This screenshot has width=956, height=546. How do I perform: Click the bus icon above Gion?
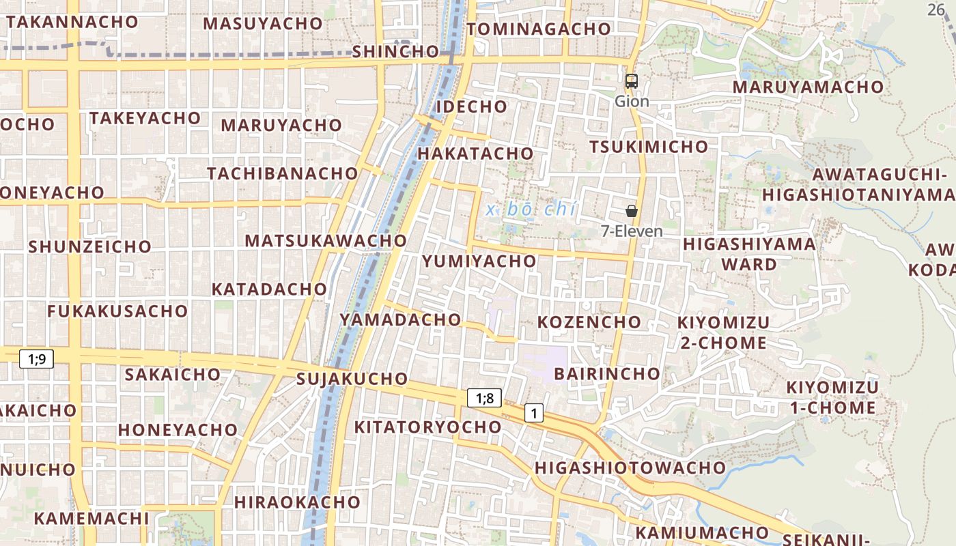[x=632, y=81]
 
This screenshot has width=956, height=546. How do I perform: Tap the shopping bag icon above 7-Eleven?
[x=632, y=211]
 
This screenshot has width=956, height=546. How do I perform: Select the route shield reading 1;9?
[x=37, y=358]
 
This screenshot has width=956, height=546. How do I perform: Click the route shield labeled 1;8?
[x=484, y=398]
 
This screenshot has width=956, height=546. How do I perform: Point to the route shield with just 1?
[x=534, y=412]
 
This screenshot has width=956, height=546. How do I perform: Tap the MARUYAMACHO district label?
[x=808, y=87]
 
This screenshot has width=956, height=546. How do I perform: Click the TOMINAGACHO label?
[x=539, y=29]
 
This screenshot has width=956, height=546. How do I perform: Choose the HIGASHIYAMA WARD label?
[x=749, y=254]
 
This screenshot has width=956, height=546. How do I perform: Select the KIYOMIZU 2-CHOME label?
[x=723, y=332]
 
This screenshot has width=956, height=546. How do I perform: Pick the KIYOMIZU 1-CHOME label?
[x=832, y=398]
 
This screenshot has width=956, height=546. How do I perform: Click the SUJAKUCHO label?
[x=352, y=379]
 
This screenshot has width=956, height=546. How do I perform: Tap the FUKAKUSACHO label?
[x=117, y=311]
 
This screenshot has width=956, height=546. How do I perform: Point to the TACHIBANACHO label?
[x=283, y=173]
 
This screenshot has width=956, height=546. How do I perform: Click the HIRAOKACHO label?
[x=297, y=502]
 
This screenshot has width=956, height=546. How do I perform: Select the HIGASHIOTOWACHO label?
[x=630, y=468]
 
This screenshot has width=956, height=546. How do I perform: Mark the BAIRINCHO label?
[x=607, y=373]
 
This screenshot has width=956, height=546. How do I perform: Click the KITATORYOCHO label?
[x=427, y=427]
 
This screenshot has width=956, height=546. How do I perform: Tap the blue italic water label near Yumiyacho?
[x=531, y=210]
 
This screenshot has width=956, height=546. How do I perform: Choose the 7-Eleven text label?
[x=632, y=231]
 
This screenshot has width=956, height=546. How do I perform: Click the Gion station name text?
[x=632, y=102]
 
